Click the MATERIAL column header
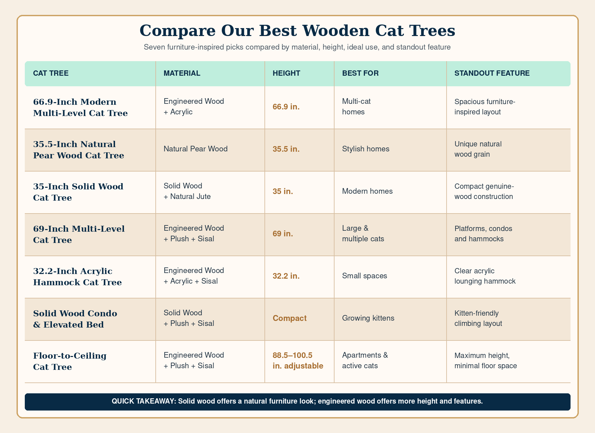pyautogui.click(x=182, y=73)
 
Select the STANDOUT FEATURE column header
pyautogui.click(x=492, y=73)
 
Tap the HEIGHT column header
pyautogui.click(x=286, y=73)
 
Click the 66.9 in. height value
pyautogui.click(x=286, y=107)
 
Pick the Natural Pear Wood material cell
pyautogui.click(x=196, y=149)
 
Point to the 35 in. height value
pyautogui.click(x=283, y=191)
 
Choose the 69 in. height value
pyautogui.click(x=283, y=234)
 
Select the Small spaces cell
pyautogui.click(x=365, y=276)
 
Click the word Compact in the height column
pyautogui.click(x=290, y=318)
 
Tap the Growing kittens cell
pyautogui.click(x=368, y=318)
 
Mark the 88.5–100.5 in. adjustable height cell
pyautogui.click(x=298, y=361)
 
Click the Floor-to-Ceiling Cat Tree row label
pyautogui.click(x=70, y=361)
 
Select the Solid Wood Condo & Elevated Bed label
pyautogui.click(x=75, y=319)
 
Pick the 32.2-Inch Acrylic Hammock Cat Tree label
pyautogui.click(x=77, y=277)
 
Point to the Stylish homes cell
pyautogui.click(x=366, y=149)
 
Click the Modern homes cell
pyautogui.click(x=367, y=191)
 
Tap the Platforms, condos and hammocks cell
pyautogui.click(x=483, y=233)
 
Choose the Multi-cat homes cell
pyautogui.click(x=356, y=106)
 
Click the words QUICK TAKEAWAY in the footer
pyautogui.click(x=144, y=402)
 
